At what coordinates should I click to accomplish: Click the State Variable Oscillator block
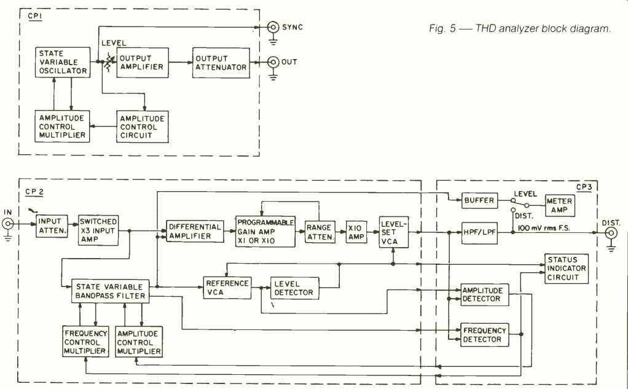click(x=61, y=63)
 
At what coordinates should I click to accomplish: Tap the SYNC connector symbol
click(x=272, y=28)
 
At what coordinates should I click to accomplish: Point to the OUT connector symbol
click(x=272, y=62)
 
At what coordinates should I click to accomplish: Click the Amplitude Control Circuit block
click(x=141, y=127)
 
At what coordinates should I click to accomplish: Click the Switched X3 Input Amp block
click(x=98, y=230)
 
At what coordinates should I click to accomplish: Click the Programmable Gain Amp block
click(x=265, y=231)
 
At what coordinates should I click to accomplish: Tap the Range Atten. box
click(x=320, y=231)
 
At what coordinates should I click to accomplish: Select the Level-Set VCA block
click(x=393, y=232)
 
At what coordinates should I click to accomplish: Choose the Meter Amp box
click(x=559, y=206)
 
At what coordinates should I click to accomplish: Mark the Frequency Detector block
click(x=485, y=335)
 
